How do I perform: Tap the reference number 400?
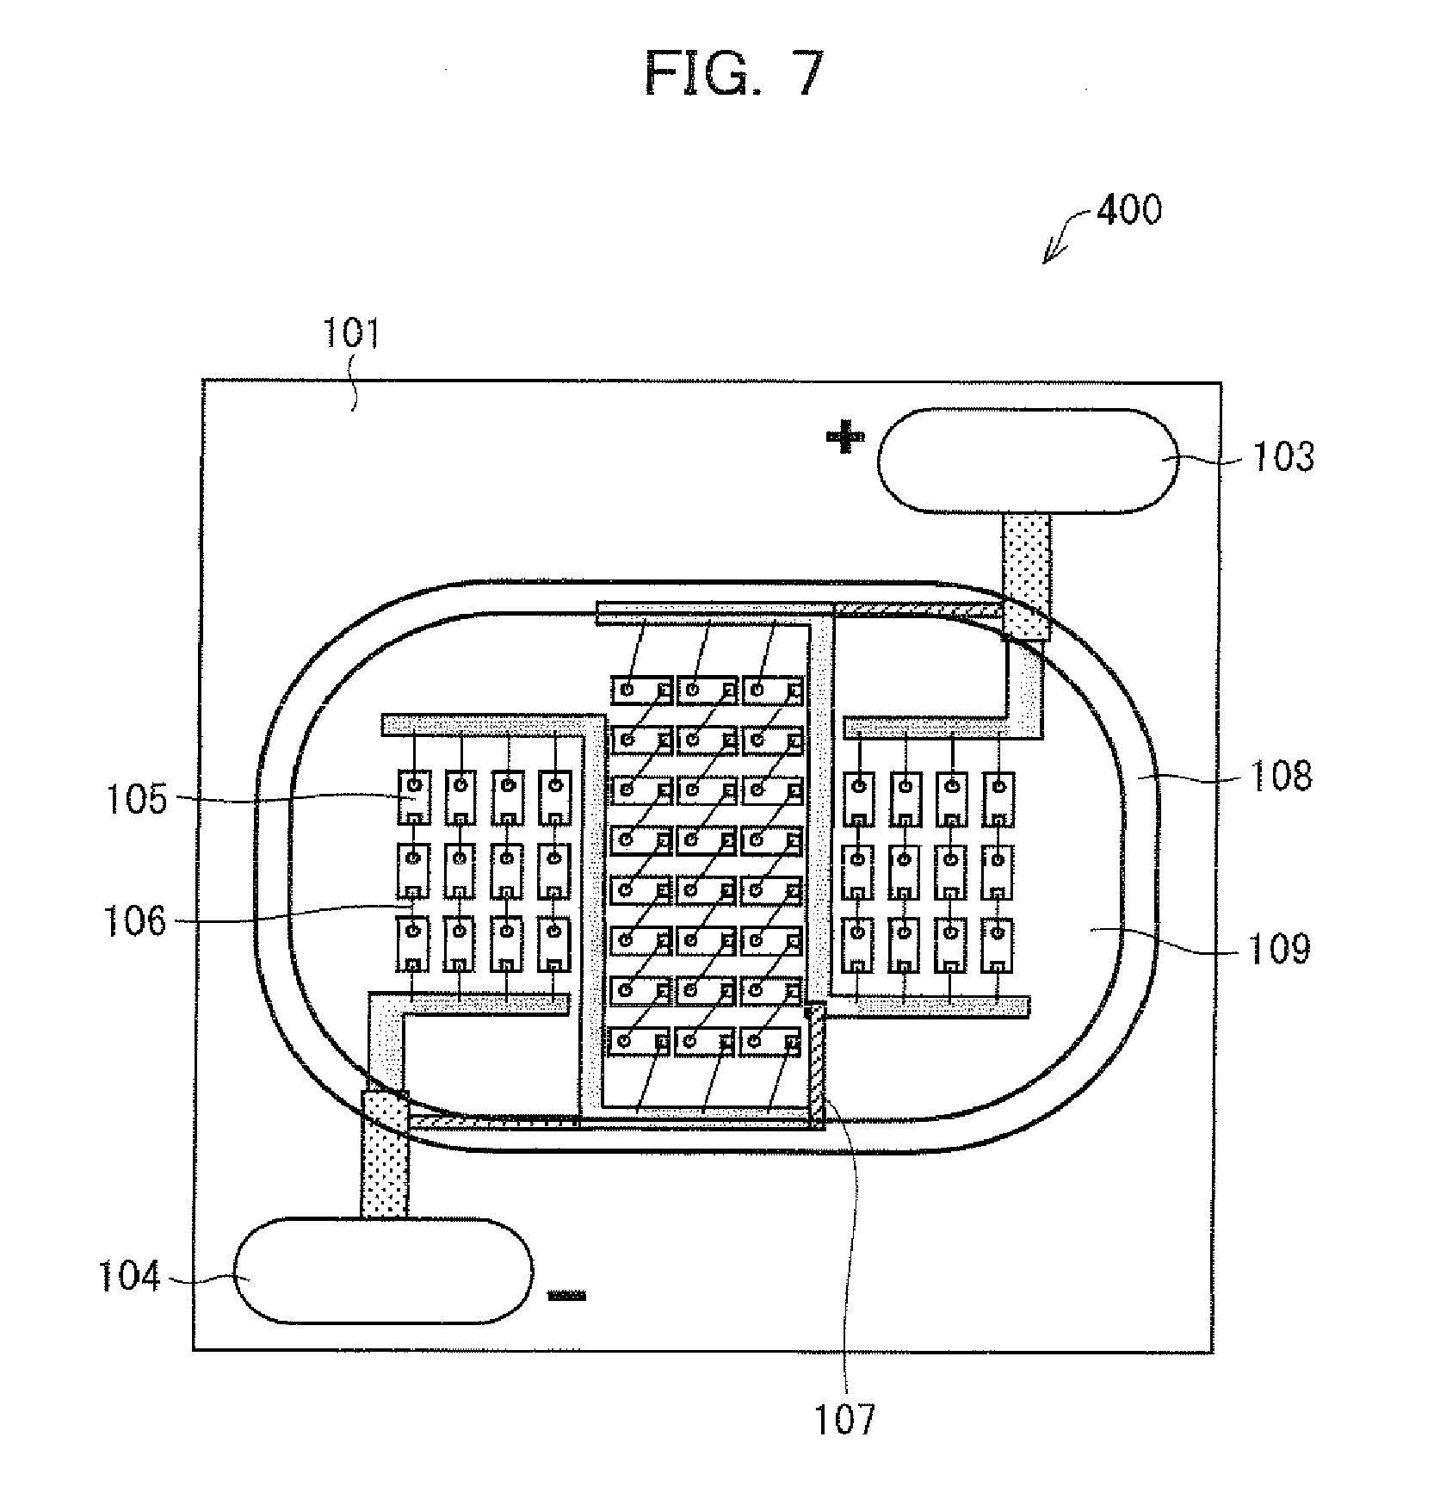1128,209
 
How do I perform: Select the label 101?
350,333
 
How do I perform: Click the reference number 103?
1282,456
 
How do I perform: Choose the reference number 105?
136,799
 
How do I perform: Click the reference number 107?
844,1419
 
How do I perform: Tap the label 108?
1280,776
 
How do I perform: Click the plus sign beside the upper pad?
844,438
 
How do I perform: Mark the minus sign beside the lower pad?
567,1295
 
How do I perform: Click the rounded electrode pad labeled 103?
1029,461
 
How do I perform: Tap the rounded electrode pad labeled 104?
384,1271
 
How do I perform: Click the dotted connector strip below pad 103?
1027,577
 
